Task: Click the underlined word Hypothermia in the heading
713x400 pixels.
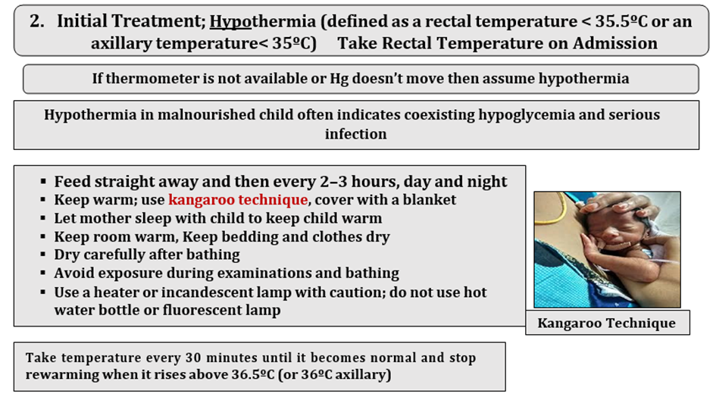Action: (x=262, y=21)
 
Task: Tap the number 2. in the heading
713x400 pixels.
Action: (x=37, y=21)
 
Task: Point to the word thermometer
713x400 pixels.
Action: (x=152, y=78)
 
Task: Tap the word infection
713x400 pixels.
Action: (x=355, y=134)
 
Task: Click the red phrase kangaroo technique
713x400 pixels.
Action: (x=238, y=200)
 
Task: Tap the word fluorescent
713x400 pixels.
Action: (x=209, y=310)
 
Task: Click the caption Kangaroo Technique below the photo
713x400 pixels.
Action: (x=607, y=323)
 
